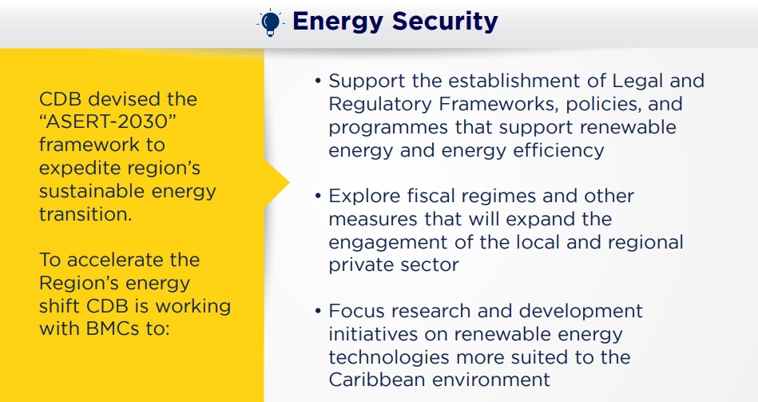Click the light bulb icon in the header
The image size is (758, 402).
[x=270, y=22]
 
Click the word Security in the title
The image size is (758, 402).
[x=445, y=22]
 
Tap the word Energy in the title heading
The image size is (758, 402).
[x=337, y=22]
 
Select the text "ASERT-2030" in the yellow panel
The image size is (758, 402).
[x=106, y=121]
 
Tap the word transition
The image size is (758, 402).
[x=85, y=214]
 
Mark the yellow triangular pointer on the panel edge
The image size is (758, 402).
[x=276, y=183]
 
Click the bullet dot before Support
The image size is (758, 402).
[x=318, y=80]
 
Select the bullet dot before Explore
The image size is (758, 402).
[x=318, y=196]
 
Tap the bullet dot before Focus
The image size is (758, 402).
[x=318, y=311]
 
